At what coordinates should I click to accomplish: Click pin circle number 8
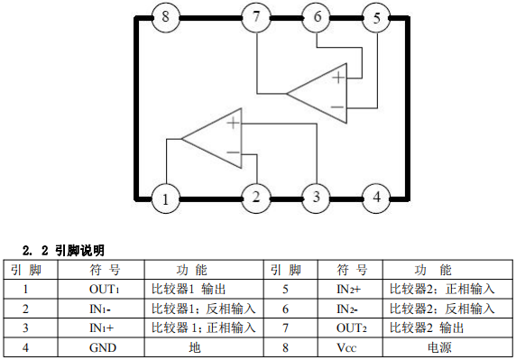(x=165, y=17)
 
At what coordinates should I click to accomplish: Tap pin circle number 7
(x=256, y=17)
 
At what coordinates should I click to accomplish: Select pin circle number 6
(x=316, y=17)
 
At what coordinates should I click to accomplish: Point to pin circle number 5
(x=376, y=17)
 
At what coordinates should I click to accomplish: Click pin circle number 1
(x=165, y=198)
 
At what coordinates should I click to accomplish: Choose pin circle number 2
(x=256, y=198)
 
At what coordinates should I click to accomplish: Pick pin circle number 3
(x=316, y=198)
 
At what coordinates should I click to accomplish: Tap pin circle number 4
(x=376, y=198)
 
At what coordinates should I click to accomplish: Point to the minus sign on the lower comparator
(x=234, y=152)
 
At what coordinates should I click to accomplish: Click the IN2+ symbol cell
(x=351, y=290)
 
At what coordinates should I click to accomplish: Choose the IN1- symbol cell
(x=101, y=309)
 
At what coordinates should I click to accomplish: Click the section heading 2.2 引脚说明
(x=63, y=249)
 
